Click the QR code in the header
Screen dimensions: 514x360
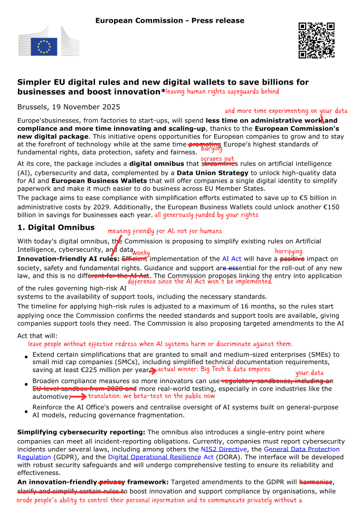316,40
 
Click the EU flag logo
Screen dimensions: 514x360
43,46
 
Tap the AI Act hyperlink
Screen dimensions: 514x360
232,259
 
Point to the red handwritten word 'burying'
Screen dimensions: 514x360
211,149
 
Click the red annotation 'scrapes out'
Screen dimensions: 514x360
217,159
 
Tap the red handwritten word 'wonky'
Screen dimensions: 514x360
141,253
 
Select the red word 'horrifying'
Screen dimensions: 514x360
288,252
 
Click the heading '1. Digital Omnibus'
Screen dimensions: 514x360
56,227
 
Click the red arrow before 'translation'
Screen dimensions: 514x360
78,396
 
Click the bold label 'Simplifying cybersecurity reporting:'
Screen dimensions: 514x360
81,432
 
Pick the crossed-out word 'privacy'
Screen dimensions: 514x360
111,482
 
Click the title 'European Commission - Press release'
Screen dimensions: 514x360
169,21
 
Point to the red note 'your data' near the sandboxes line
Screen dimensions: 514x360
309,373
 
